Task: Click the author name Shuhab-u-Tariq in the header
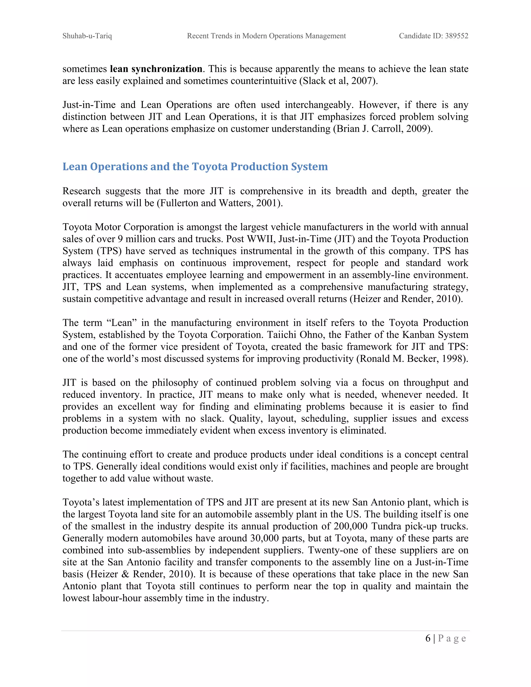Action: pyautogui.click(x=87, y=36)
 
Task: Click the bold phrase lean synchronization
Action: pyautogui.click(x=156, y=69)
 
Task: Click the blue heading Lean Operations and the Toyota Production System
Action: pyautogui.click(x=195, y=166)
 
